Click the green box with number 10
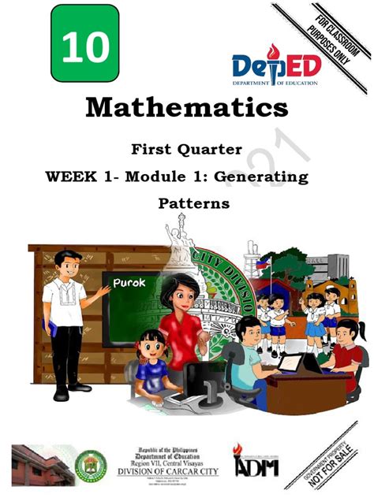[x=84, y=46]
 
